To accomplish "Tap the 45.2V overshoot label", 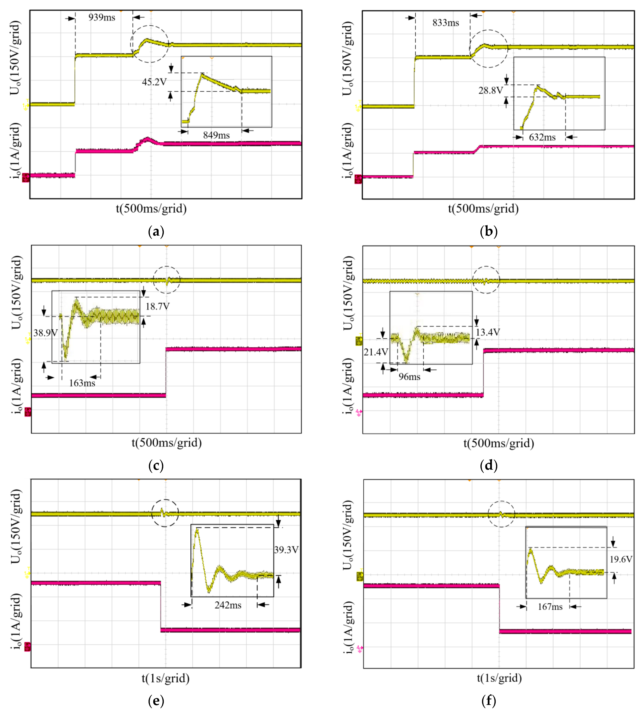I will click(x=154, y=82).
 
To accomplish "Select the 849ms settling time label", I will click(x=216, y=135).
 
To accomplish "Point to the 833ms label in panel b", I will click(x=445, y=23).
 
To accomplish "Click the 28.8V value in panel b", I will click(x=490, y=91).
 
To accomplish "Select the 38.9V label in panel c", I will click(x=45, y=333).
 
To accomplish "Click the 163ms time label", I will click(x=82, y=383).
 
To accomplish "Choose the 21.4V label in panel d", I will click(x=376, y=352).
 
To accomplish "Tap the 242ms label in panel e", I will click(x=228, y=605).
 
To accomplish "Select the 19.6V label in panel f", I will click(x=621, y=559).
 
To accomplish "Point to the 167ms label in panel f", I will click(x=550, y=607).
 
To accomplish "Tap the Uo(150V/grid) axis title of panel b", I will click(x=348, y=58).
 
